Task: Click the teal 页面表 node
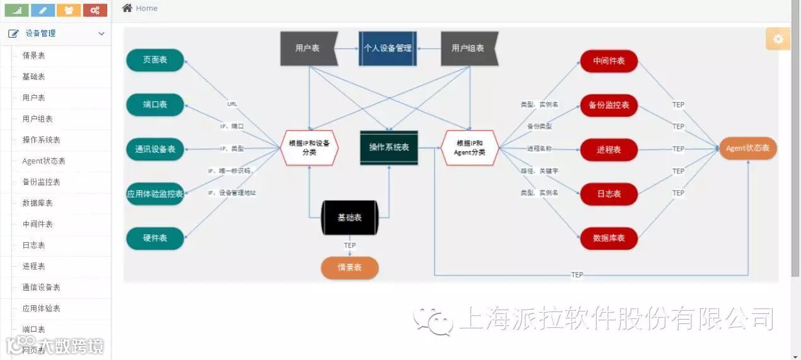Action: point(155,60)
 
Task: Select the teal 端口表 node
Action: point(155,105)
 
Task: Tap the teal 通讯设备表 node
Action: point(155,149)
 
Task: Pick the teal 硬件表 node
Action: point(155,238)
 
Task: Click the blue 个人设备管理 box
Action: point(387,48)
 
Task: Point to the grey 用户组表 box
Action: point(469,48)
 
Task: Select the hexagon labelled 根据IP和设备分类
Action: point(309,148)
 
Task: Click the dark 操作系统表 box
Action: point(389,148)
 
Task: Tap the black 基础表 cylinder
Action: point(349,218)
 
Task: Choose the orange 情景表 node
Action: point(349,267)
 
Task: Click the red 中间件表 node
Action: point(609,61)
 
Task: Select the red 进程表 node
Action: point(609,149)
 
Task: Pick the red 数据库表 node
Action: point(609,238)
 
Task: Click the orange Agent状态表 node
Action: point(747,148)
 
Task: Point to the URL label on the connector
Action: point(232,104)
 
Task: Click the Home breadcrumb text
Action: point(146,8)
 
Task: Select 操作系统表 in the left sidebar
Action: point(41,140)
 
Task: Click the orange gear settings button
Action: point(778,39)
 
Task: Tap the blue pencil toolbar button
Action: point(43,10)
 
